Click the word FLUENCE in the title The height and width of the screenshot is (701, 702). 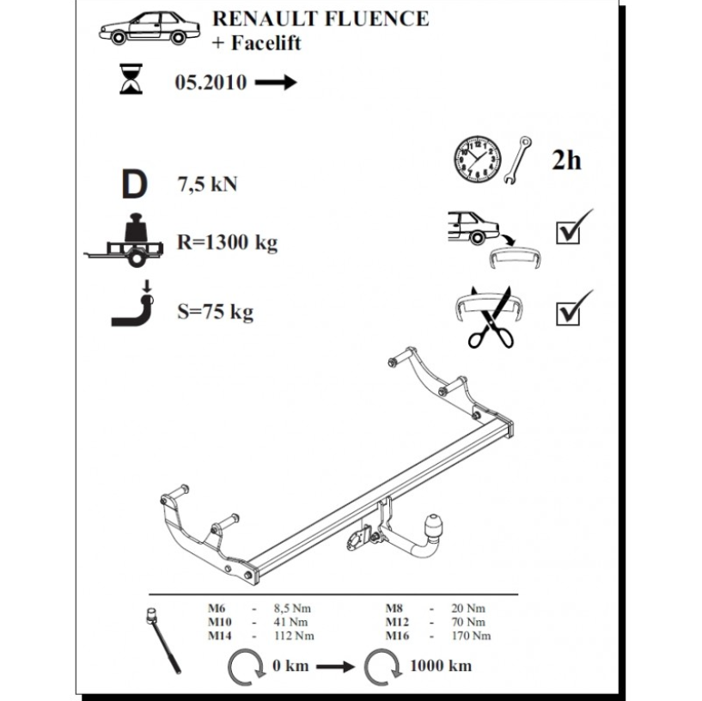[x=376, y=19]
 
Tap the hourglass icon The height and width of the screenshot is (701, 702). [x=131, y=79]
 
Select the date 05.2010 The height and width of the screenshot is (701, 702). [x=211, y=82]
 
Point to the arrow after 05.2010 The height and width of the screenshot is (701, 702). [x=276, y=82]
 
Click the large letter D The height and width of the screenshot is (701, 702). [x=134, y=184]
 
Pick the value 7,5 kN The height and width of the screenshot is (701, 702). [x=207, y=185]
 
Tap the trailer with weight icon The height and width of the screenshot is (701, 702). [x=124, y=241]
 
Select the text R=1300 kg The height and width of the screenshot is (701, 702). [x=228, y=242]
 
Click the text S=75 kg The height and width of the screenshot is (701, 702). [x=216, y=312]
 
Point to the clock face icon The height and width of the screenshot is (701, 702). [x=478, y=160]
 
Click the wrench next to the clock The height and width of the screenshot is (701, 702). [x=517, y=160]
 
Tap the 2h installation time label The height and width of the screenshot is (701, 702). [x=566, y=161]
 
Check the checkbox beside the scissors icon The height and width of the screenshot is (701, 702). [x=568, y=314]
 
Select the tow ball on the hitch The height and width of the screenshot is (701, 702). [x=433, y=523]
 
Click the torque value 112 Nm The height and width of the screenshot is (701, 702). [x=294, y=636]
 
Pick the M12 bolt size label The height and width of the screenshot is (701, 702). [x=397, y=622]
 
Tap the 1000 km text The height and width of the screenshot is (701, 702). [x=441, y=666]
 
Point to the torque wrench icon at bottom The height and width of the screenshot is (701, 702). [x=163, y=641]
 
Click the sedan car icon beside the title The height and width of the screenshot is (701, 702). [x=150, y=28]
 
